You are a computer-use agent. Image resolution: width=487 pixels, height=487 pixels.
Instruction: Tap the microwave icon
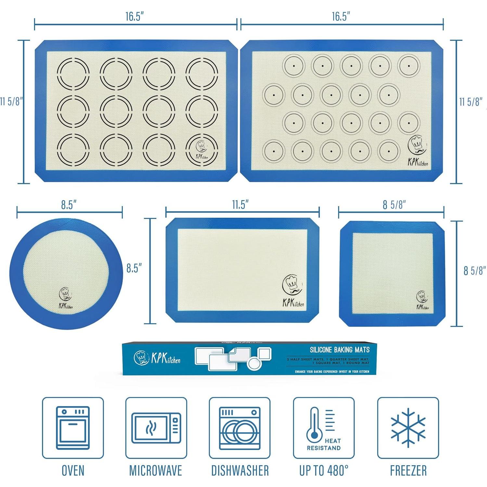point(156,428)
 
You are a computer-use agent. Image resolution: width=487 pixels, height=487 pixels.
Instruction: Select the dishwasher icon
point(240,428)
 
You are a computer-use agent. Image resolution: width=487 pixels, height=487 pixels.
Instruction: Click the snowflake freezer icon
point(408,428)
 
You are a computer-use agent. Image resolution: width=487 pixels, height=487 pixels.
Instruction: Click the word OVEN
point(73,470)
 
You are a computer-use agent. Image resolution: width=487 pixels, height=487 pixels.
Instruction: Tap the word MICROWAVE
point(156,470)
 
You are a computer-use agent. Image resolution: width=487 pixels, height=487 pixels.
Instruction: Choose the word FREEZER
point(408,470)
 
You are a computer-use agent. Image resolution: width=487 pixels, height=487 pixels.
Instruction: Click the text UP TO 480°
point(324,470)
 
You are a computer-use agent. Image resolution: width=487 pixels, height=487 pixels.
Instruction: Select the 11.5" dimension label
point(240,205)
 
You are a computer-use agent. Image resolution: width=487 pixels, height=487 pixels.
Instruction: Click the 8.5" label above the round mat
point(69,205)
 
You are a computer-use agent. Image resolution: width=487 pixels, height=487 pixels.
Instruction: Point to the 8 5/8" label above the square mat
point(394,205)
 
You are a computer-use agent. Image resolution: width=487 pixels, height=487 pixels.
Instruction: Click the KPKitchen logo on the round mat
point(65,299)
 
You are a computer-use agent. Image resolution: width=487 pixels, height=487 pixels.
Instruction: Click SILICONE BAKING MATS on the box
point(340,350)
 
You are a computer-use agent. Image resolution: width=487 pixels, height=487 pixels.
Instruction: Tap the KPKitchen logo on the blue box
point(157,358)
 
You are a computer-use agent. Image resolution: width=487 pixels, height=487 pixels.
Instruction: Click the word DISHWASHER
point(240,470)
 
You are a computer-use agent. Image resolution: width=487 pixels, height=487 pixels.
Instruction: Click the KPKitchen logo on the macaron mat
point(417,151)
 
